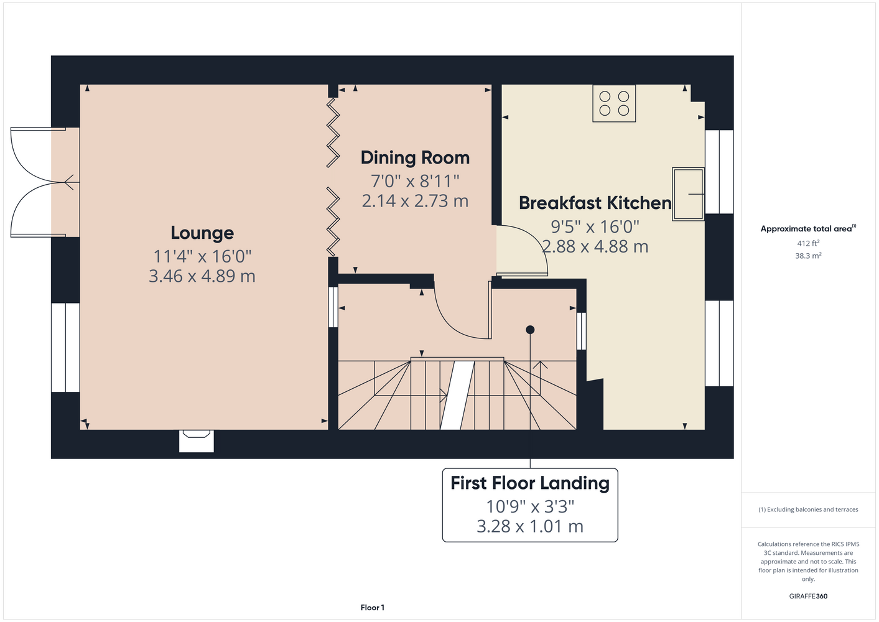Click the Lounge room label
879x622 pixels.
pyautogui.click(x=202, y=233)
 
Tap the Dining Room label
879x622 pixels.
pyautogui.click(x=415, y=158)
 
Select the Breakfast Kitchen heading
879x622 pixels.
pyautogui.click(x=595, y=203)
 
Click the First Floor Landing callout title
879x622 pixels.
pyautogui.click(x=530, y=483)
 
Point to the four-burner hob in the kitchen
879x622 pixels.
pyautogui.click(x=614, y=104)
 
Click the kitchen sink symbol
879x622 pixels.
pyautogui.click(x=688, y=194)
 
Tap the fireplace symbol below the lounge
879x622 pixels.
pyautogui.click(x=197, y=441)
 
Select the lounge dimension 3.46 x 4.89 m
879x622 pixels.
pyautogui.click(x=202, y=276)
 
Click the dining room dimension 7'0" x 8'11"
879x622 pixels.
pyautogui.click(x=415, y=181)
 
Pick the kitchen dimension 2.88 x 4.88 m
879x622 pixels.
pyautogui.click(x=595, y=246)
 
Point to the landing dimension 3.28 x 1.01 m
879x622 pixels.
pyautogui.click(x=530, y=526)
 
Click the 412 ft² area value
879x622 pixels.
pyautogui.click(x=808, y=243)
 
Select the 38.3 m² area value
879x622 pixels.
pyautogui.click(x=808, y=256)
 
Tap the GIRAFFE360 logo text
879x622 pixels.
pyautogui.click(x=808, y=596)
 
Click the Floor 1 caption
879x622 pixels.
pyautogui.click(x=373, y=608)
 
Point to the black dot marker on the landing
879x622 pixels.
pyautogui.click(x=530, y=330)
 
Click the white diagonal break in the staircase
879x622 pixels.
pyautogui.click(x=458, y=395)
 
